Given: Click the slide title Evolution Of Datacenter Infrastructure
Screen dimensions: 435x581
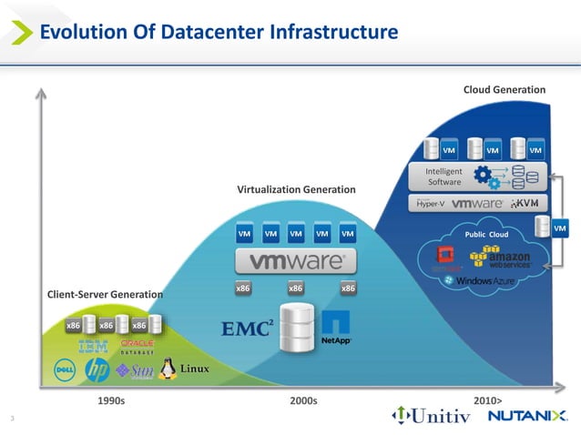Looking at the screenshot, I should pyautogui.click(x=218, y=34).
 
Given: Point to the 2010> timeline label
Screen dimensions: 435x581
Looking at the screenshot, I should pyautogui.click(x=488, y=400).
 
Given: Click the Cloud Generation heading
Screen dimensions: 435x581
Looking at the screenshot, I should pyautogui.click(x=505, y=90).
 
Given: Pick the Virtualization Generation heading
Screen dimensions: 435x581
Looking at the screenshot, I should pyautogui.click(x=296, y=189).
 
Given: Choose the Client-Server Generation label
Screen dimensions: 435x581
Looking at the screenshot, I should pyautogui.click(x=105, y=295).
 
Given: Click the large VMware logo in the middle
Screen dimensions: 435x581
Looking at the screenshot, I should pyautogui.click(x=290, y=261).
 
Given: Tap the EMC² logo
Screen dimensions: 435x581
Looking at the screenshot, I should pyautogui.click(x=247, y=328).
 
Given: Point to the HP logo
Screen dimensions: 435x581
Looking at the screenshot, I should pyautogui.click(x=97, y=369).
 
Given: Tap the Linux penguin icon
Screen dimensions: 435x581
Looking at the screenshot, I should pyautogui.click(x=167, y=368).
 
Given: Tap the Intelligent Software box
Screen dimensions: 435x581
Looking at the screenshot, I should pyautogui.click(x=445, y=176).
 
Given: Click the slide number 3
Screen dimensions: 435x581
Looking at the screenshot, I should pyautogui.click(x=12, y=418).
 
